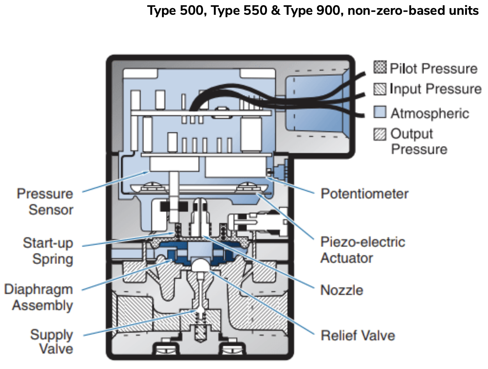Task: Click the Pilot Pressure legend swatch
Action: click(380, 67)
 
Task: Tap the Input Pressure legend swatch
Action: click(380, 89)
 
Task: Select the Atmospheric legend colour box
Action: click(380, 112)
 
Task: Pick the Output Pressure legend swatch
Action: click(380, 134)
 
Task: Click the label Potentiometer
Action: click(364, 194)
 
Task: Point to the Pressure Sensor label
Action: click(45, 202)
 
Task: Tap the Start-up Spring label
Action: click(48, 251)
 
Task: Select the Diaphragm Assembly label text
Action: click(38, 297)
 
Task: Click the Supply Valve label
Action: click(52, 342)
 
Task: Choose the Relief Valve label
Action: click(357, 336)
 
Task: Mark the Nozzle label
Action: click(342, 290)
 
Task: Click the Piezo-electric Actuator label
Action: click(362, 250)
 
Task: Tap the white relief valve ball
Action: click(200, 264)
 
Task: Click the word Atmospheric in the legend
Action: click(430, 113)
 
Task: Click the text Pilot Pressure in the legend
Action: click(433, 68)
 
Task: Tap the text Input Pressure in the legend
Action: click(435, 89)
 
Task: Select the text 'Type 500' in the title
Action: click(177, 10)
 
